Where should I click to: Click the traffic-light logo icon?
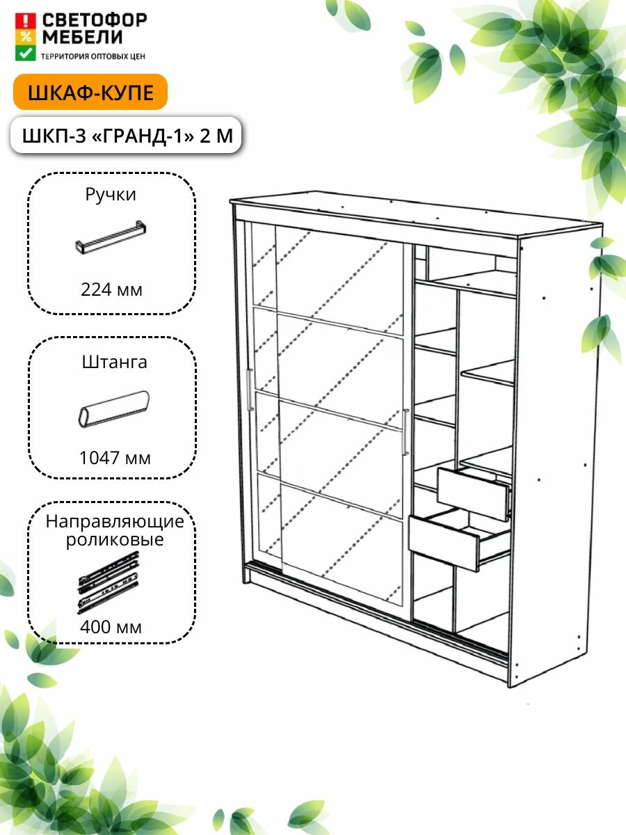pos(25,36)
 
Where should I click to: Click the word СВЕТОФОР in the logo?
pos(94,20)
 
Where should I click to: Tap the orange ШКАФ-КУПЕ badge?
pos(90,93)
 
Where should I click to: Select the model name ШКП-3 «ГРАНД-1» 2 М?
pos(127,135)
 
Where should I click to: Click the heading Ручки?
pos(111,195)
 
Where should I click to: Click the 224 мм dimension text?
pos(111,289)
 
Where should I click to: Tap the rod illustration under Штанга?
pos(113,409)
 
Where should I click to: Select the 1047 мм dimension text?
pos(114,458)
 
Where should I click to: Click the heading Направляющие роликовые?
pos(115,530)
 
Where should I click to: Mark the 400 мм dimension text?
pos(111,627)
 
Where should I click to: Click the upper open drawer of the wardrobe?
pos(474,494)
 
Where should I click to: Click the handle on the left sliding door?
pos(250,390)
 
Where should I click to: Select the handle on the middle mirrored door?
pos(406,432)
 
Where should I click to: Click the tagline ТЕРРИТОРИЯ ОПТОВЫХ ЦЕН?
pos(93,54)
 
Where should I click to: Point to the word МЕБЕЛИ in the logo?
pos(83,37)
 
